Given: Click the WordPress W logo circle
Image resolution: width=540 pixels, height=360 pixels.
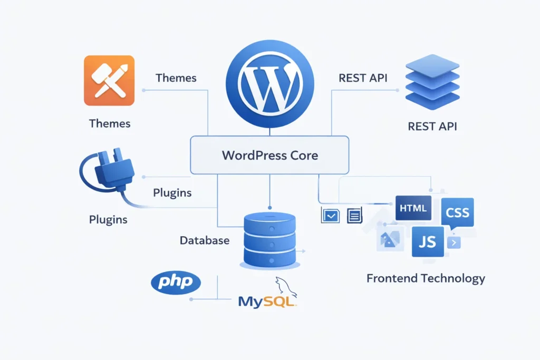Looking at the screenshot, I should [x=270, y=84].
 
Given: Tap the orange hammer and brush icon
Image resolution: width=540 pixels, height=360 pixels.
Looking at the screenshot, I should [x=109, y=81].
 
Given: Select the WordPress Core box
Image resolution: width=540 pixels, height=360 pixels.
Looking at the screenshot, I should [x=269, y=155].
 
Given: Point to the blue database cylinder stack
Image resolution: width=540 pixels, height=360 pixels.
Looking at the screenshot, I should [x=269, y=240].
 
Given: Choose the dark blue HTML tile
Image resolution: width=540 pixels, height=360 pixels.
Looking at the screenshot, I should [x=413, y=208].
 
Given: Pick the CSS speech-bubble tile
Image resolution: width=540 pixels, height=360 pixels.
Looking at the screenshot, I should [x=457, y=213].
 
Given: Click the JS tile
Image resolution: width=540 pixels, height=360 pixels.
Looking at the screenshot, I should [x=428, y=242].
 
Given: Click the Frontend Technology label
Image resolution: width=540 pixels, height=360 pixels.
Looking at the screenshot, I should [x=426, y=278].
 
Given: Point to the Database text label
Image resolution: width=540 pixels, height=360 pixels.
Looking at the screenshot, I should [x=205, y=240].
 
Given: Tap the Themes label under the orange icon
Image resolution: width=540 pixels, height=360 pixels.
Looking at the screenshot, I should [x=110, y=124].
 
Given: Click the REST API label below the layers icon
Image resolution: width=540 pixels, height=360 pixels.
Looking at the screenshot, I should [x=432, y=126].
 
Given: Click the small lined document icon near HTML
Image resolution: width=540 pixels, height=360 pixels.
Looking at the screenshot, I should [x=354, y=215].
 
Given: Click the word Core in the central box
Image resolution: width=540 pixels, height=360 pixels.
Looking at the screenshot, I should [x=304, y=155].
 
